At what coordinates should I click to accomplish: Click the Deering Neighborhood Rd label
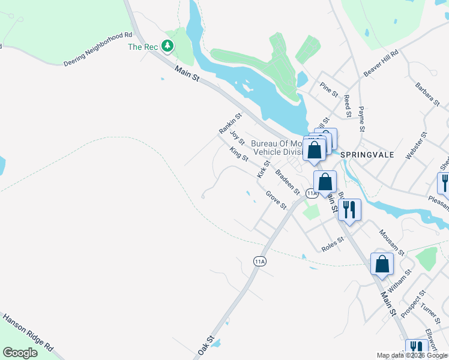click(x=97, y=50)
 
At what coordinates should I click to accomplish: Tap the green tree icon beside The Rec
click(x=169, y=46)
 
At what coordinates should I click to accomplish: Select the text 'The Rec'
click(x=143, y=47)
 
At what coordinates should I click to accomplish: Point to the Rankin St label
click(x=230, y=124)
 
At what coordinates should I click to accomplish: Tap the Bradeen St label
click(x=287, y=182)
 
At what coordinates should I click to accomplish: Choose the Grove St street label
click(x=276, y=200)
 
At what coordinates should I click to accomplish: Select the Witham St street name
click(x=399, y=280)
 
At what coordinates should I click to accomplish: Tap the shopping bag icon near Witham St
click(x=382, y=264)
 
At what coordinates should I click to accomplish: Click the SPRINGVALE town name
click(x=367, y=154)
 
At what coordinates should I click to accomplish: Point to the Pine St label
click(x=329, y=89)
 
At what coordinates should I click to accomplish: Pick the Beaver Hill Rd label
click(x=381, y=64)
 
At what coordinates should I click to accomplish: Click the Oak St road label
click(x=205, y=345)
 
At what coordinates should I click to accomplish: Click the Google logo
click(x=20, y=353)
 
